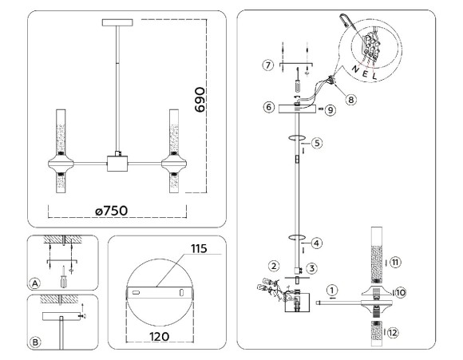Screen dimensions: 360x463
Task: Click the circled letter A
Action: point(35,283)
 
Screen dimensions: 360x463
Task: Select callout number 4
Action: point(317,242)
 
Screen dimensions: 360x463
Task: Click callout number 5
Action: point(317,144)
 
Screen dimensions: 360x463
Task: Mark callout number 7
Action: point(269,63)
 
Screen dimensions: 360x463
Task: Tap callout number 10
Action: point(400,293)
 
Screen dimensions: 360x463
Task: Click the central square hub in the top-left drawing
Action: point(117,163)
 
